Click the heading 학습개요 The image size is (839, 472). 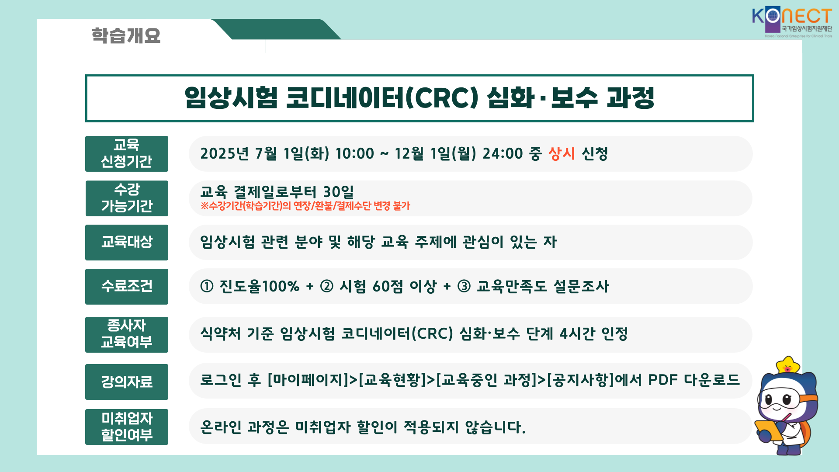[126, 35]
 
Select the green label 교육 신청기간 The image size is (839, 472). [127, 154]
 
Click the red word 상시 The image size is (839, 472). [562, 153]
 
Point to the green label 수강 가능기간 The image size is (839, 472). [127, 198]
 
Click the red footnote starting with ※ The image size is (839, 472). [305, 206]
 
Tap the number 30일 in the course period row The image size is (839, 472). [338, 191]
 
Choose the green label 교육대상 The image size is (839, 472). [127, 243]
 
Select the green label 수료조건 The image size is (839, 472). [127, 287]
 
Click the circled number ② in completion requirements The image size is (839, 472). [326, 286]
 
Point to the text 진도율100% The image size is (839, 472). [259, 286]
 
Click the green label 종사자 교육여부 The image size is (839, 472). [127, 335]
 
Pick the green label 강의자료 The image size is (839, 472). [127, 382]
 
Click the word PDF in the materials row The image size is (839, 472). [662, 380]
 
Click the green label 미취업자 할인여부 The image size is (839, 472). [127, 427]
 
